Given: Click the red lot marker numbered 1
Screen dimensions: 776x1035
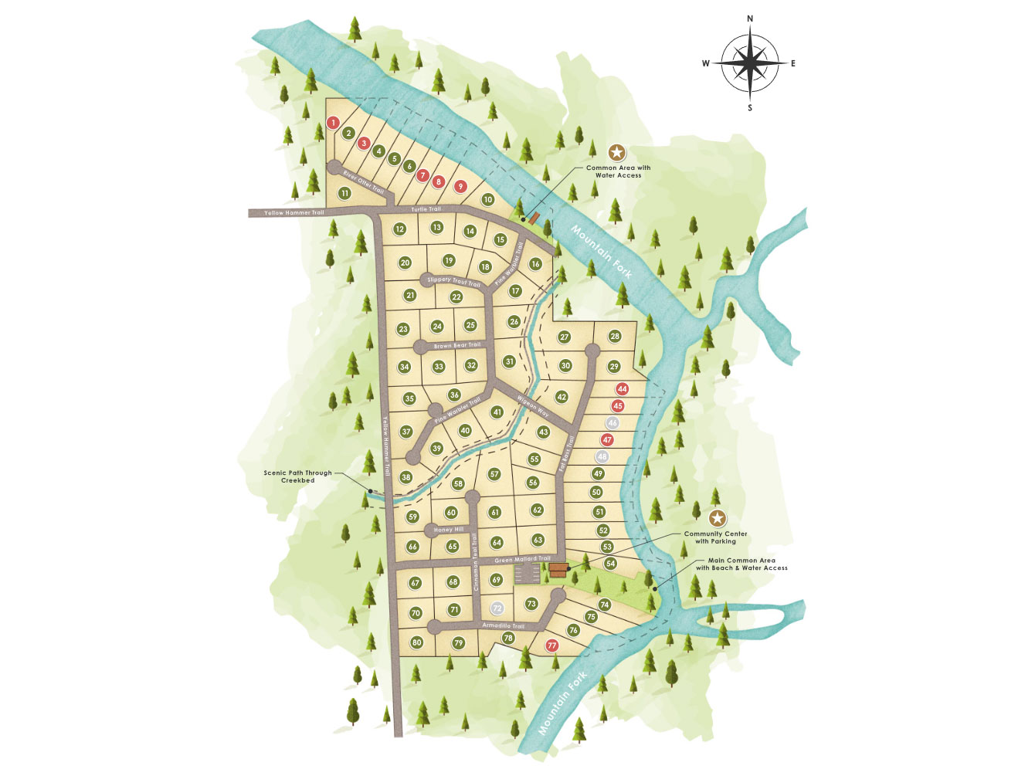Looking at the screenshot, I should tap(333, 122).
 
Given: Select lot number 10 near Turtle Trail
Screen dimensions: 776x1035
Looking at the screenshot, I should tap(487, 199).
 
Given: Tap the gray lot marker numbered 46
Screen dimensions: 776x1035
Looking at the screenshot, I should tap(613, 423).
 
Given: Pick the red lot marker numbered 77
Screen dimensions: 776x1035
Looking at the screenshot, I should tap(551, 646).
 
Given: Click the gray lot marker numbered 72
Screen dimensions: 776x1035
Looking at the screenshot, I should tap(497, 608).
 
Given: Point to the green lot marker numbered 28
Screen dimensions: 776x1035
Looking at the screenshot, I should tap(615, 336).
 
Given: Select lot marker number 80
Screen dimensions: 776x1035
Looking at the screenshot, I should tap(417, 642).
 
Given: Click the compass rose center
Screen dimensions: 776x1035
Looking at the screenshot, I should tap(749, 63).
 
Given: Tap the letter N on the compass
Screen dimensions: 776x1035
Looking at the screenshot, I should tap(750, 19).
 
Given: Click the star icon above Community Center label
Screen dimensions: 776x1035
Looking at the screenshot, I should tap(718, 517).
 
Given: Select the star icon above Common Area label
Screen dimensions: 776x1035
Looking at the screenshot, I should tap(616, 152).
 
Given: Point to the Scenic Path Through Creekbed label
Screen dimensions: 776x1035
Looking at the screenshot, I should tap(297, 476).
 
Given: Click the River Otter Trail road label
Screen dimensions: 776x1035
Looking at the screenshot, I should tap(363, 181).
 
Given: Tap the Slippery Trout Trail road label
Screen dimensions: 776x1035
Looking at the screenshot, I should tap(454, 281).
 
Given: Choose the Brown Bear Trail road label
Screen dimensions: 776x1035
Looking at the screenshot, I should tap(457, 345).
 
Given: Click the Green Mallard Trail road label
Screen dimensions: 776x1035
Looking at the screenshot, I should tap(522, 559).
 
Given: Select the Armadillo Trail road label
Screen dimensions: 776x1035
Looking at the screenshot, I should tap(504, 625).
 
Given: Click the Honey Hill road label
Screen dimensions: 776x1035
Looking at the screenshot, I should tap(449, 530).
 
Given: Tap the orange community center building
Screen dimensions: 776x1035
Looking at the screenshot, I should tap(558, 571).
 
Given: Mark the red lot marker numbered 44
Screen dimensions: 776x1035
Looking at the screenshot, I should tap(622, 389).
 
